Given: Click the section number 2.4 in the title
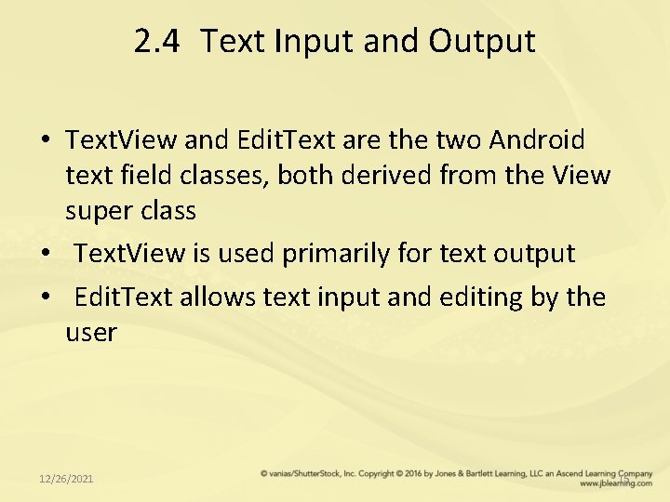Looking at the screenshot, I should click(x=158, y=42).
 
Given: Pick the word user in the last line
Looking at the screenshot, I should click(x=90, y=332).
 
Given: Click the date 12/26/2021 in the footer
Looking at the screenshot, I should click(x=66, y=478).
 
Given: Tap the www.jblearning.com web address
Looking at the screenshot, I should click(x=615, y=483).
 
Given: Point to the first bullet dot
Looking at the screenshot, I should click(x=45, y=141).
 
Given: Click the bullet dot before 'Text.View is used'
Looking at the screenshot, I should click(x=45, y=254).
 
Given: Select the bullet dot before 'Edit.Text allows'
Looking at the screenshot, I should click(x=45, y=298).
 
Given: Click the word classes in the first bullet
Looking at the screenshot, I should click(x=225, y=176).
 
